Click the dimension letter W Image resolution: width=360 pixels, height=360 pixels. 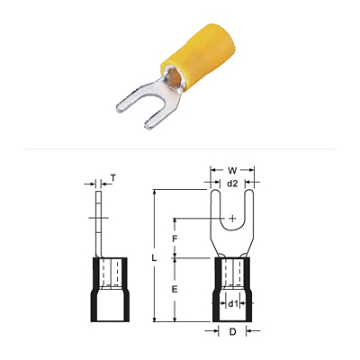click(232, 171)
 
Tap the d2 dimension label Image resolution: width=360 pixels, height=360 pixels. click(232, 184)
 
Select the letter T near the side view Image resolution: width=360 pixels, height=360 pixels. click(113, 178)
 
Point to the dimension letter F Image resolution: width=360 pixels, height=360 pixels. click(175, 239)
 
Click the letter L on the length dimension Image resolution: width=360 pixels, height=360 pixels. click(154, 258)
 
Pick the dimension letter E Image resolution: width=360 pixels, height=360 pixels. click(175, 289)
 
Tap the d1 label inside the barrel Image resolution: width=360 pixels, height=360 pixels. click(233, 304)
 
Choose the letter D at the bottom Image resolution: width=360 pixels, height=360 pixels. click(232, 331)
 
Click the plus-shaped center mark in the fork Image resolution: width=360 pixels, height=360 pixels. click(232, 219)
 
